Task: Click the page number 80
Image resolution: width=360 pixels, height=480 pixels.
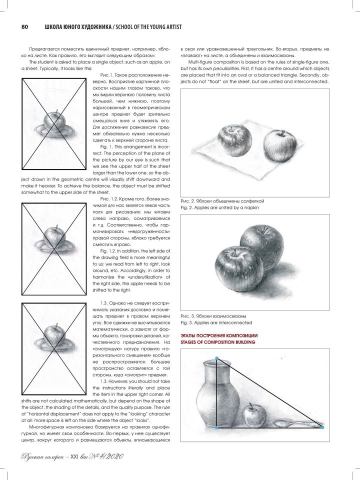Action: point(23,26)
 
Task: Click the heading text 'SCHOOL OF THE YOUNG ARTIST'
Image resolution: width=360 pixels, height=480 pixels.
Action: point(144,26)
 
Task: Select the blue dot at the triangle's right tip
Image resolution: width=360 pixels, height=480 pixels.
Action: point(322,427)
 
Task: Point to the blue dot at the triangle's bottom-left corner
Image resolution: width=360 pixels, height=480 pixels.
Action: point(216,428)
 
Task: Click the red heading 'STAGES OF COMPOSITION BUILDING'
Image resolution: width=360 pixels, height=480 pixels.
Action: point(218,342)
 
